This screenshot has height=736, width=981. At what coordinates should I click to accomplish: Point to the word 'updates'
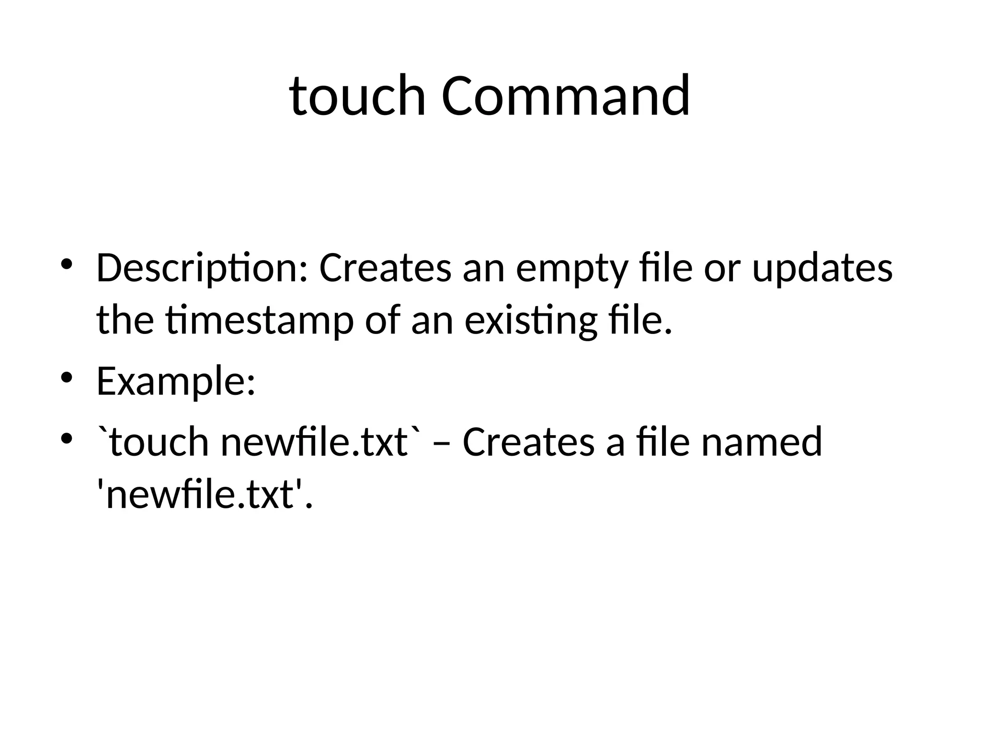(822, 269)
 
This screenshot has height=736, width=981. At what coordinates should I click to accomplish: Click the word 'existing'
(531, 322)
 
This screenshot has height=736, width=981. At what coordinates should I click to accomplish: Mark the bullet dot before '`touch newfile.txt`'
(67, 437)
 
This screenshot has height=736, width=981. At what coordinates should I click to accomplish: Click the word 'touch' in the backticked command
(159, 442)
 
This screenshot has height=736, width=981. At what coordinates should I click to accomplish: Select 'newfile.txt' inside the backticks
(314, 442)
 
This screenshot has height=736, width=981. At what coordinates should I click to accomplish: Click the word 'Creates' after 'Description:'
(385, 269)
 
